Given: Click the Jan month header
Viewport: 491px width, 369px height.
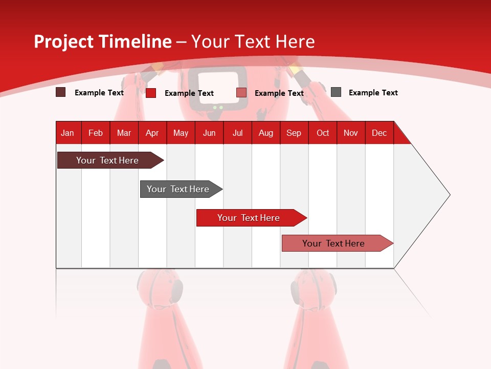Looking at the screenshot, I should coord(68,133).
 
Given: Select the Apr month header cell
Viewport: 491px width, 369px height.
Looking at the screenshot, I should coord(152,133).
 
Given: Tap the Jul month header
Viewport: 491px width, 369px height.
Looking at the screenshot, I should coord(237,133).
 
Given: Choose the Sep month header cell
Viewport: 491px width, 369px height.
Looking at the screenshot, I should coord(294,133).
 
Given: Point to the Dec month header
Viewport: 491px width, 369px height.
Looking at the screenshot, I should coord(379,133).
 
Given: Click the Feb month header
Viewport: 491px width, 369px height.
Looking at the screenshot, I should coord(96,133).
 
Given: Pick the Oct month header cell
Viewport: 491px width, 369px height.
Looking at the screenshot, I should coord(323,133).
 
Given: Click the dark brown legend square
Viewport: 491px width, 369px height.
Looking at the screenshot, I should coord(61,92).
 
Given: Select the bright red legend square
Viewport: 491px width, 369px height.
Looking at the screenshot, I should coord(151,93).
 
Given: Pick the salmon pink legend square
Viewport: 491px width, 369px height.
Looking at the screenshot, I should coord(241,93).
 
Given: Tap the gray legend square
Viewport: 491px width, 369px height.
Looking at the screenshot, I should coord(336,92).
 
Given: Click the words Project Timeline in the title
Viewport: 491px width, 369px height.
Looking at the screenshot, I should coord(103,42).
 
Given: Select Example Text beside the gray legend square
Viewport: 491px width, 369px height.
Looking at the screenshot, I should coord(373,93).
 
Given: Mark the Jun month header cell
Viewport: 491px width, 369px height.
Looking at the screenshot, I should coord(209,133).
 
